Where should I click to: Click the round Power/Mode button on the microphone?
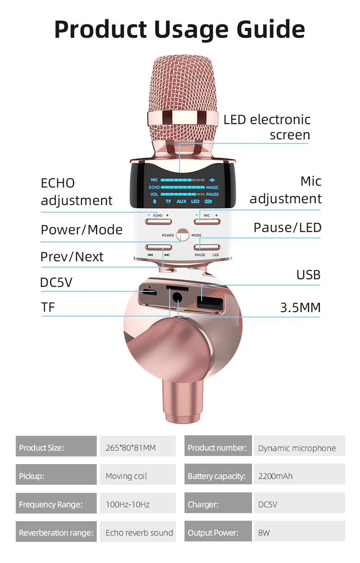coord(183,235)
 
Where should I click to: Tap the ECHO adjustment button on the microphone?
coord(157,221)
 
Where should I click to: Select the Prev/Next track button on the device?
coord(158,247)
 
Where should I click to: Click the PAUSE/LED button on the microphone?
coord(207,247)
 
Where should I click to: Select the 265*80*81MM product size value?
coord(130,448)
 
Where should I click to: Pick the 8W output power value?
coord(264,533)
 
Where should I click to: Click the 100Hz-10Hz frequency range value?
coord(127,505)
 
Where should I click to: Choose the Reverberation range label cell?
coord(56,533)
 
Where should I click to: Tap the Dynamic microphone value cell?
coord(297,448)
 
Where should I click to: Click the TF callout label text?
coord(48,308)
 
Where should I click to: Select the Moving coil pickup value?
coord(126,476)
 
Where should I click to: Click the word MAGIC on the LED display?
coord(212,188)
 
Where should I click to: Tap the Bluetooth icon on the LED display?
coord(153,201)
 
